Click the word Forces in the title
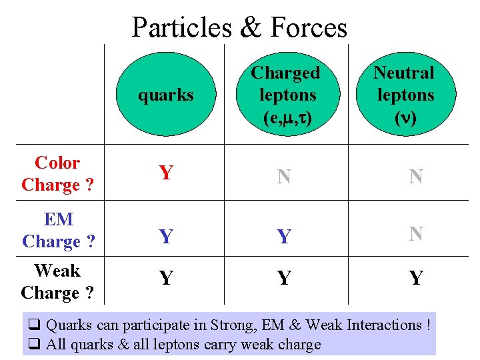click(x=309, y=28)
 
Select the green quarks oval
click(x=165, y=93)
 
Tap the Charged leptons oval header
click(x=286, y=93)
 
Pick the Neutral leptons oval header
click(x=405, y=93)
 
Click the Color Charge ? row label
click(x=57, y=173)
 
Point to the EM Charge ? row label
click(x=57, y=230)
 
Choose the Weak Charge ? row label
click(x=57, y=281)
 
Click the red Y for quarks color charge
click(x=166, y=174)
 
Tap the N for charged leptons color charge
click(x=284, y=177)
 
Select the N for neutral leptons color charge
click(x=416, y=177)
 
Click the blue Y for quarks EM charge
click(x=166, y=236)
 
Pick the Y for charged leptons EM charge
click(x=284, y=236)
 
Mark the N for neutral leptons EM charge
click(x=416, y=234)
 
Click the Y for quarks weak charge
click(x=166, y=277)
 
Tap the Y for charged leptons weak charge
click(x=284, y=277)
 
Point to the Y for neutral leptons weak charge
click(x=416, y=277)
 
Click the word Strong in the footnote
click(x=233, y=325)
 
